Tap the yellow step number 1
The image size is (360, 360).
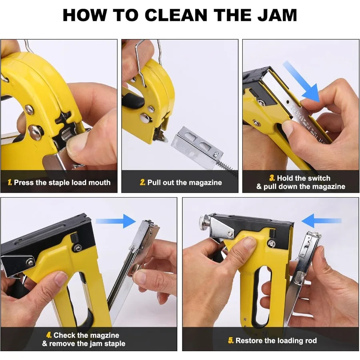coord(10,183)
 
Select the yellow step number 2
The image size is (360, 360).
coord(142,183)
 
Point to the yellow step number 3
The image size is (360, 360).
coord(272,178)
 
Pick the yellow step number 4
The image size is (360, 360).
coord(49,335)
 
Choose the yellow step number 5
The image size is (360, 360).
coord(231,341)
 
